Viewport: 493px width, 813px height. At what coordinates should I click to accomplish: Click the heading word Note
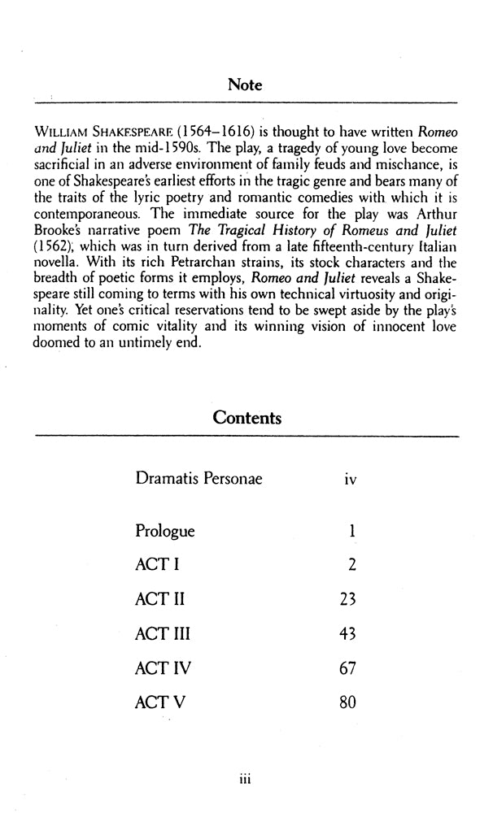(246, 85)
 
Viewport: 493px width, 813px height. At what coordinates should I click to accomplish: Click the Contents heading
(246, 418)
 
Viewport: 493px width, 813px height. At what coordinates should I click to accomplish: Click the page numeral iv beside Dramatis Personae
(350, 480)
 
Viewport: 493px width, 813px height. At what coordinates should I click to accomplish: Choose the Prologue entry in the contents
(165, 532)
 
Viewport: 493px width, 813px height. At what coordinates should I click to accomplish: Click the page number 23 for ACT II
(346, 601)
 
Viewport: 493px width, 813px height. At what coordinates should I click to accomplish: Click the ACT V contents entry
(158, 702)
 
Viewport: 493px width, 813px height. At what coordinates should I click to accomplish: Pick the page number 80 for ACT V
(347, 702)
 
